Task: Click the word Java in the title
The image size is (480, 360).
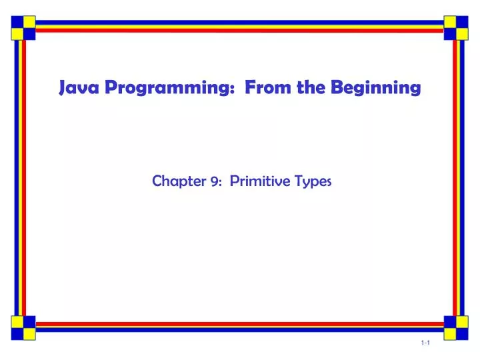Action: point(75,88)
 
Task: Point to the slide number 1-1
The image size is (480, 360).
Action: point(425,342)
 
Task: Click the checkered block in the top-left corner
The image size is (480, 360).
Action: point(23,26)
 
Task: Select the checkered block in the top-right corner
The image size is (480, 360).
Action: point(457,26)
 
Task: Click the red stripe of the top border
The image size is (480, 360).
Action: point(240,31)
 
